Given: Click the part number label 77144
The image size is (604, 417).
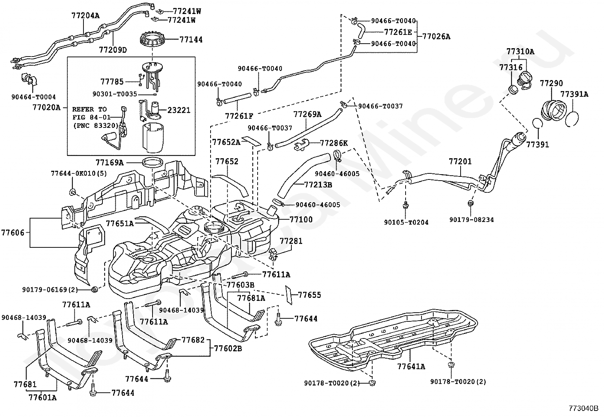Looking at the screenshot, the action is coord(191,39).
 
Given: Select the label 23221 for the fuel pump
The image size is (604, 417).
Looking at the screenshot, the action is coord(179,110).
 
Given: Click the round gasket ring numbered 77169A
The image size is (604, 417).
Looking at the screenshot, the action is coord(153,163).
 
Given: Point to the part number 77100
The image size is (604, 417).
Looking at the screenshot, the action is coord(301,219).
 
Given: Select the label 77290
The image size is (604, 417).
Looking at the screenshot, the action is coord(551,83).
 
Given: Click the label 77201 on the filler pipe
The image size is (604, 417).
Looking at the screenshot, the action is coord(460,161).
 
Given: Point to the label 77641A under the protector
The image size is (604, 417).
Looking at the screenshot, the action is coord(411,367).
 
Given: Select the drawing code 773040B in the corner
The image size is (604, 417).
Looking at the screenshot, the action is coord(584,408).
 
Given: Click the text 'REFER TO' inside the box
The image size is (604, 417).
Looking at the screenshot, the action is coord(90,109).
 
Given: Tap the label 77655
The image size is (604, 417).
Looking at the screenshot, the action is coord(310,295).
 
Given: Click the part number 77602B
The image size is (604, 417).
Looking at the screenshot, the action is coord(228,348).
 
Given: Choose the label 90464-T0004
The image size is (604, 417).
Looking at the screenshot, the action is coord(33,97).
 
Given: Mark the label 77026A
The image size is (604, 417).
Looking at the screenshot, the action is coord(436,36).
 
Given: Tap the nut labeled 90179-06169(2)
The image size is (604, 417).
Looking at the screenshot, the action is coord(94,290).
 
